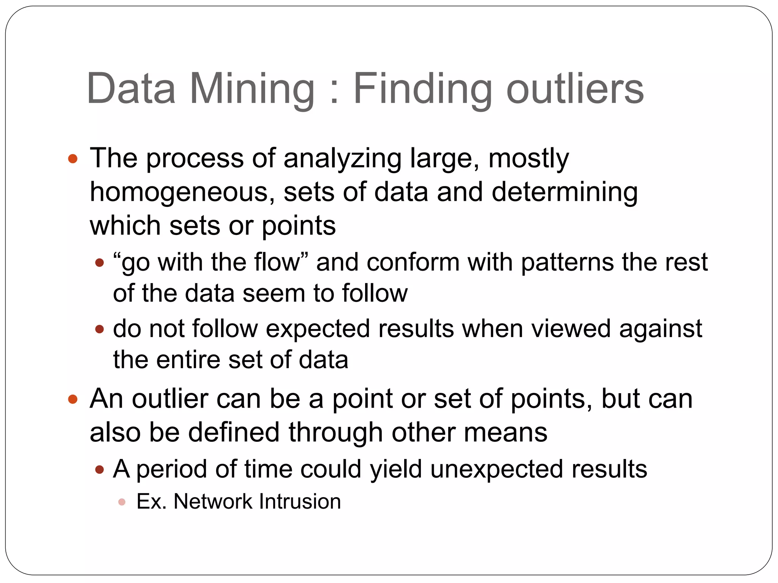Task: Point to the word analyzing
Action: (342, 158)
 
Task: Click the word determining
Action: (565, 192)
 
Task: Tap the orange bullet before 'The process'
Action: (73, 159)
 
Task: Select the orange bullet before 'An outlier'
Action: (73, 399)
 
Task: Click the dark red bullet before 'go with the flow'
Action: (100, 263)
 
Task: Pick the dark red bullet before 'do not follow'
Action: (100, 329)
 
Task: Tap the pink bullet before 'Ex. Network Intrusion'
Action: (122, 502)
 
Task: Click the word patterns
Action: (567, 263)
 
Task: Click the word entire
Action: (188, 360)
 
